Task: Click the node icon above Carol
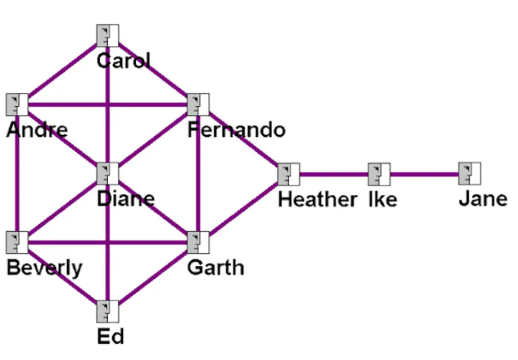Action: pyautogui.click(x=107, y=35)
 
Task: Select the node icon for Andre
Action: pyautogui.click(x=17, y=105)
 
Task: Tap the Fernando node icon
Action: pyautogui.click(x=198, y=105)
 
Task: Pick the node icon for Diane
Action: pyautogui.click(x=107, y=174)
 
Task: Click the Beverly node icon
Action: pyautogui.click(x=17, y=243)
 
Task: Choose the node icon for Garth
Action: pyautogui.click(x=198, y=243)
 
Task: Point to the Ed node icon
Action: pyautogui.click(x=107, y=311)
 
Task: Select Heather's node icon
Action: pyautogui.click(x=288, y=174)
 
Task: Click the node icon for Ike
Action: pyautogui.click(x=379, y=174)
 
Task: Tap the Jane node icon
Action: pyautogui.click(x=469, y=174)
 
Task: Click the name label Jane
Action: pyautogui.click(x=483, y=199)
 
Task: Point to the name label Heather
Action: pyautogui.click(x=317, y=199)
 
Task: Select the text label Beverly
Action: pyautogui.click(x=44, y=268)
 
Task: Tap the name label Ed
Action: pyautogui.click(x=110, y=337)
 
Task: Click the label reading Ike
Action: pyautogui.click(x=382, y=199)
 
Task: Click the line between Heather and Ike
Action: pyautogui.click(x=334, y=175)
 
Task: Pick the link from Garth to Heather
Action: pyautogui.click(x=243, y=208)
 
